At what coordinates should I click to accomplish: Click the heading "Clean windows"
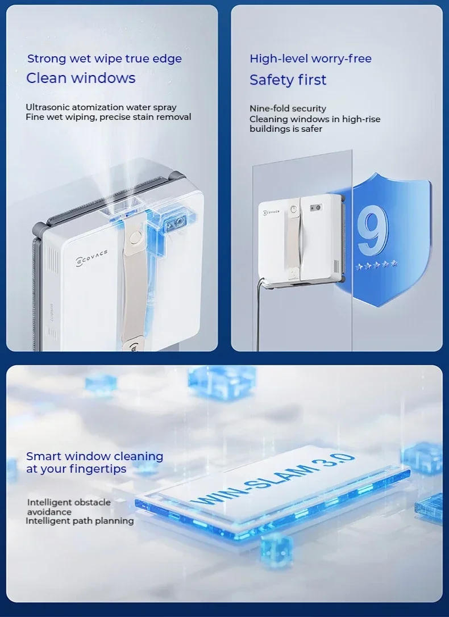point(81,78)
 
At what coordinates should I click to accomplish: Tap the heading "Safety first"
point(288,80)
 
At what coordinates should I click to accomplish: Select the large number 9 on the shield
point(373,230)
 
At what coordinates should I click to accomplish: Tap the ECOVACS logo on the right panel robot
point(274,211)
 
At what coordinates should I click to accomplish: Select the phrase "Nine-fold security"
point(288,108)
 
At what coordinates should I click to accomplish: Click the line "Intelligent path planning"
point(80,520)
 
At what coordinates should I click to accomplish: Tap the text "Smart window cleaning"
point(94,456)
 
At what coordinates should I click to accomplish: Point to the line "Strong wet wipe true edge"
point(105,59)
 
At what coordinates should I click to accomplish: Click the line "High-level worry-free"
point(310,59)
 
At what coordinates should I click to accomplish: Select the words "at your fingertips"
point(76,469)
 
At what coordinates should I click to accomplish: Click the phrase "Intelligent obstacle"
point(69,502)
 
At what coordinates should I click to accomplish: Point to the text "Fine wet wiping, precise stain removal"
point(108,117)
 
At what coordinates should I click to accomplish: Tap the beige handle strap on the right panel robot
point(294,239)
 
